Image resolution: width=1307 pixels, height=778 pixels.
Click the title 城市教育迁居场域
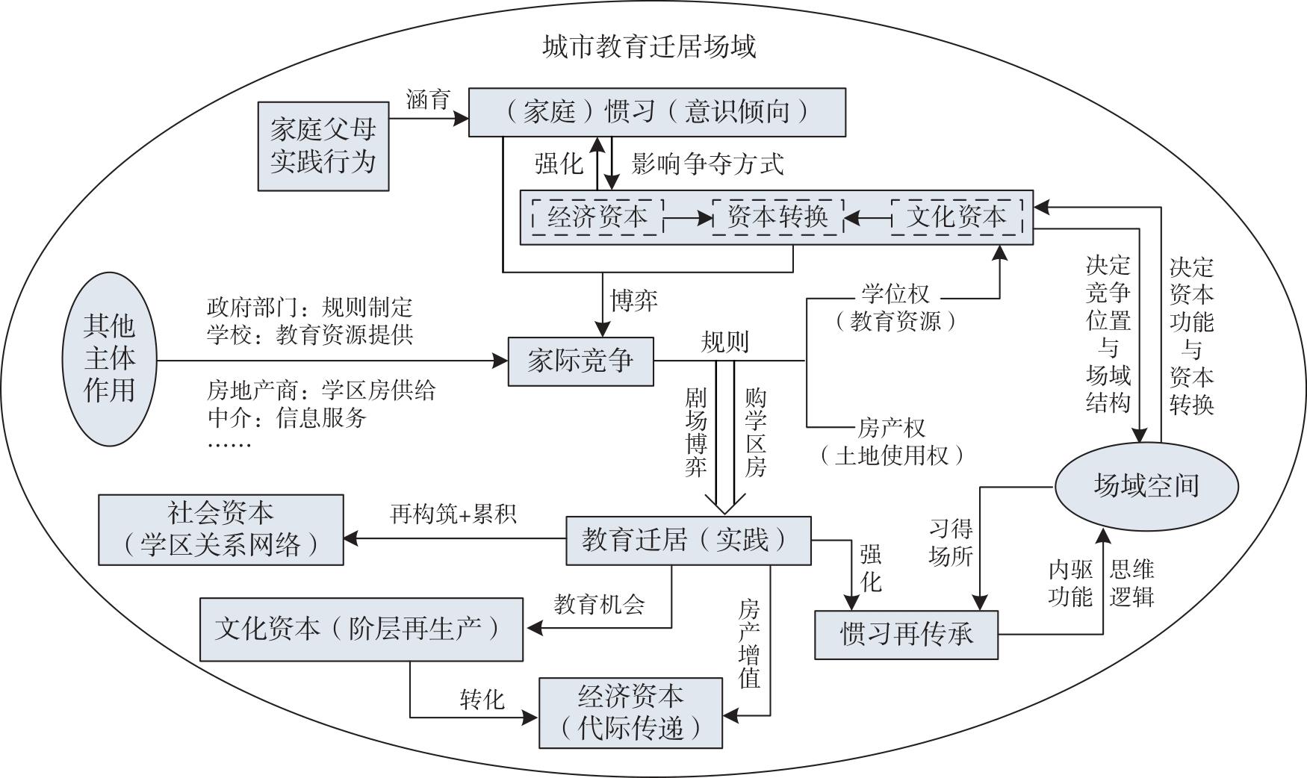coord(648,47)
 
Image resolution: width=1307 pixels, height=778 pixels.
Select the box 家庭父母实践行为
coord(323,146)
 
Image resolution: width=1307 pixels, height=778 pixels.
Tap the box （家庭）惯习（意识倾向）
coord(656,112)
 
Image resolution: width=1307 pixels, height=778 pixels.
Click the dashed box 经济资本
coord(597,217)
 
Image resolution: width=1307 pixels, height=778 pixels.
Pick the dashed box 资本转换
coord(777,217)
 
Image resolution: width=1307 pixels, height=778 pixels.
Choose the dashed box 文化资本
coord(957,217)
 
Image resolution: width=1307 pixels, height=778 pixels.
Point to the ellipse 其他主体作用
coord(109,359)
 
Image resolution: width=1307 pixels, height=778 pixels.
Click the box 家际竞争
coord(580,361)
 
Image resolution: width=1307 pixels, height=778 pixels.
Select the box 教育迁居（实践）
coord(688,540)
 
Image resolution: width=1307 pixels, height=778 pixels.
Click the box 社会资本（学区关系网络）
coord(221,529)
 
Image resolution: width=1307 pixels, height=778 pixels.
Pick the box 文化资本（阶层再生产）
coord(361,629)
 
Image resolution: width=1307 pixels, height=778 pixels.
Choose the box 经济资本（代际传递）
coord(630,712)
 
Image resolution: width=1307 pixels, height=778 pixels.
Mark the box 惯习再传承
coord(906,635)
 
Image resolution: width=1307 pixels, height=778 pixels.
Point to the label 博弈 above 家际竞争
coord(634,300)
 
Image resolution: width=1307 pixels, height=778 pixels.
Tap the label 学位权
coord(895,294)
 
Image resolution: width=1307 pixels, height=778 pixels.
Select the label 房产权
coord(891,428)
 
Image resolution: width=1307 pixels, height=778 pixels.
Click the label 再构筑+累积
coord(453,514)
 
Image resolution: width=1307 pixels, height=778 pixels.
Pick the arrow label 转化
coord(482,700)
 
